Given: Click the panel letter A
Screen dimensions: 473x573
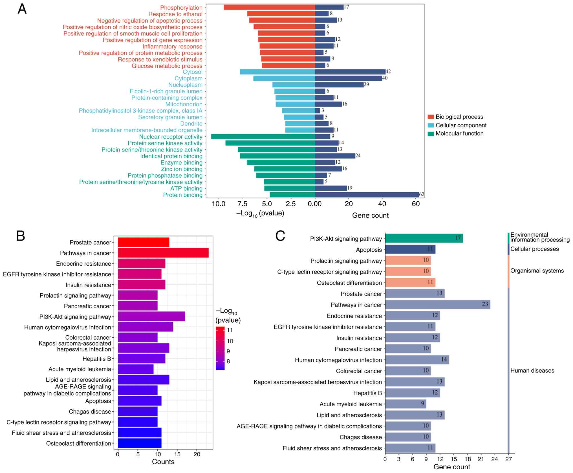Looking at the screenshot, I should click(22, 9).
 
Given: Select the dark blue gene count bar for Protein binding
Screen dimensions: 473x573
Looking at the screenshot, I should click(367, 195).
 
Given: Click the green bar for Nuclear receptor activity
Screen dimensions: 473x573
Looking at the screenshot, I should click(263, 137).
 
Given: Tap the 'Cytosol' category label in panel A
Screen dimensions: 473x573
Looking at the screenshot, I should click(192, 72).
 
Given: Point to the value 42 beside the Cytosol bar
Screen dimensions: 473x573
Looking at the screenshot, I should click(388, 72).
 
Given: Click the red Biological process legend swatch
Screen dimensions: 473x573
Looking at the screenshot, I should click(430, 117).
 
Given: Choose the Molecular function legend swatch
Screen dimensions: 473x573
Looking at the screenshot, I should click(430, 134).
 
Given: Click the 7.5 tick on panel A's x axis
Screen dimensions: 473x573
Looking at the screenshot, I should click(243, 204).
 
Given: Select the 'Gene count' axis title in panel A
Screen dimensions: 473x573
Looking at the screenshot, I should click(370, 215).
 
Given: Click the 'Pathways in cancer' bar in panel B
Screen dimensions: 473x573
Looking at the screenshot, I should click(163, 253).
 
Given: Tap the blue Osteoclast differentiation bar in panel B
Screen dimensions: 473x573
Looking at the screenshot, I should click(140, 443).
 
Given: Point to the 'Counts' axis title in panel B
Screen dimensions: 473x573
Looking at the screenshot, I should click(163, 462).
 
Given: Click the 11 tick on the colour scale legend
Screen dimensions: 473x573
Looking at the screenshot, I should click(230, 330).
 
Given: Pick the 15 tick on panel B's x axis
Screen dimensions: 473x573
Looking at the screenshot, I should click(177, 454).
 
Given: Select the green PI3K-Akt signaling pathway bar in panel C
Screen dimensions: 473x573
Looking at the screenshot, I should click(424, 238).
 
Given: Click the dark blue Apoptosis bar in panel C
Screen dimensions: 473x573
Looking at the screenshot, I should click(410, 249).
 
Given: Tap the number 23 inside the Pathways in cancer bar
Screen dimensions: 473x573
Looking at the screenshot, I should click(485, 304).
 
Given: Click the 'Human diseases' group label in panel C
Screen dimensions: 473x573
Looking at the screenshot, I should click(532, 371).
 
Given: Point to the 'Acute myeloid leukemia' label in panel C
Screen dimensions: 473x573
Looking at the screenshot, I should click(351, 404).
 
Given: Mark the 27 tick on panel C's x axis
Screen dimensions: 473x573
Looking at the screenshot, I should click(508, 459).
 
